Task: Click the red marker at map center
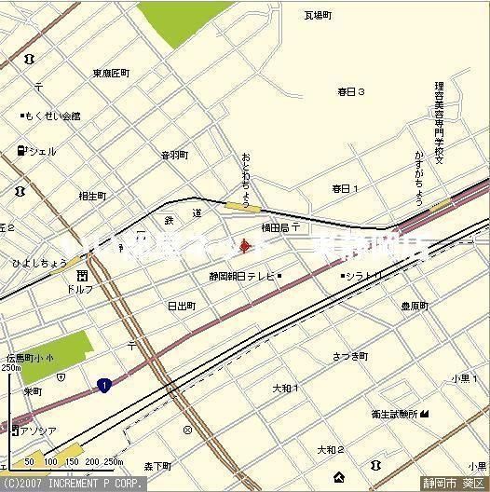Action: click(245, 246)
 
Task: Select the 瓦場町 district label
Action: click(319, 15)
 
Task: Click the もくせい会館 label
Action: click(52, 116)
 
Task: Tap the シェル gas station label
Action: click(41, 151)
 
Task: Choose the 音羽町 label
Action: click(174, 155)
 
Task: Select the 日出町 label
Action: click(181, 305)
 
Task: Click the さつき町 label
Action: click(349, 356)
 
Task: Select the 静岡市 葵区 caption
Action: click(454, 484)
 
